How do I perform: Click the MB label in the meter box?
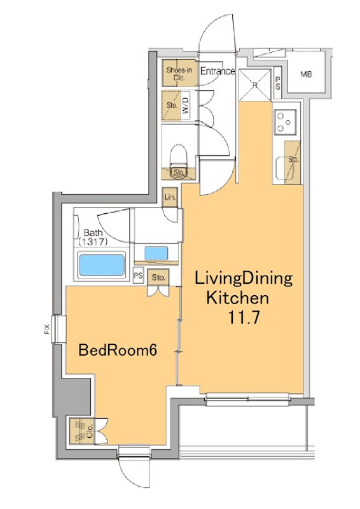point(306,74)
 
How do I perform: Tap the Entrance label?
point(217,71)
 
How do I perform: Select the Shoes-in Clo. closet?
point(179,73)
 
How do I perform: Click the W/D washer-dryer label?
point(186,106)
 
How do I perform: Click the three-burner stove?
point(286,122)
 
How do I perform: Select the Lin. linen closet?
point(170,197)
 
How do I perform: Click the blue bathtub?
point(102,265)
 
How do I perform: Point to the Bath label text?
point(93,232)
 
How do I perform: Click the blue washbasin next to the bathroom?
point(156,253)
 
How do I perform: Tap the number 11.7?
point(244,317)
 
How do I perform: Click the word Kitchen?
point(238,298)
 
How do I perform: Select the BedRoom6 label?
point(118,350)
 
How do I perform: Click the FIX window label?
point(46,329)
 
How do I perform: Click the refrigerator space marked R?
point(255,85)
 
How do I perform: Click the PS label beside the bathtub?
point(138,275)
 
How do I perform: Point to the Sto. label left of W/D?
point(171,105)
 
